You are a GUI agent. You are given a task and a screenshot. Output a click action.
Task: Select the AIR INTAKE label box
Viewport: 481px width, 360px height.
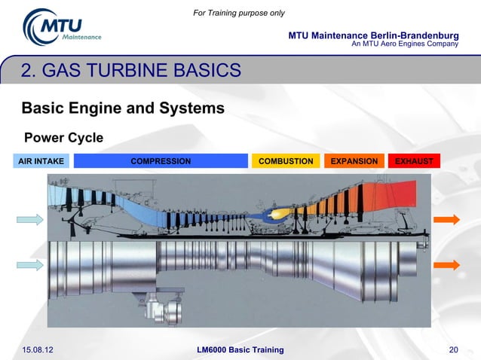click(41, 161)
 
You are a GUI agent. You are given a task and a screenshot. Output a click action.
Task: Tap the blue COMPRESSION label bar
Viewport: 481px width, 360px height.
click(161, 161)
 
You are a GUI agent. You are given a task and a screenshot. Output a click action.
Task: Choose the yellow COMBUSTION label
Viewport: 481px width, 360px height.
click(286, 161)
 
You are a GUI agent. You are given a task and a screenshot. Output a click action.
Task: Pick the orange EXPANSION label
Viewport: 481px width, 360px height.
click(354, 161)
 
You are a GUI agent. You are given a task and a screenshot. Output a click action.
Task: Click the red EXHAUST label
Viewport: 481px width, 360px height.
click(414, 161)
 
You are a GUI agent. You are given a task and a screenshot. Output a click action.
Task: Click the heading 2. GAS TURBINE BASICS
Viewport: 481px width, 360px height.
click(131, 72)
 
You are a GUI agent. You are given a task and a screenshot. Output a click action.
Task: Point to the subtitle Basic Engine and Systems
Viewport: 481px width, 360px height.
click(123, 108)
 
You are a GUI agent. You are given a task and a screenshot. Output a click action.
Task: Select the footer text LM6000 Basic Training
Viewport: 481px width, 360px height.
click(240, 349)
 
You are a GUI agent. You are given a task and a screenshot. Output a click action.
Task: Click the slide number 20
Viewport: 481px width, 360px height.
click(453, 349)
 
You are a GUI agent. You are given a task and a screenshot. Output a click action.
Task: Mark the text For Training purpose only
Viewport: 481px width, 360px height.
click(239, 13)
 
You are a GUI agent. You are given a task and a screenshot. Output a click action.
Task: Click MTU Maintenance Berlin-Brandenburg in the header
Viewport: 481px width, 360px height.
click(373, 35)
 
